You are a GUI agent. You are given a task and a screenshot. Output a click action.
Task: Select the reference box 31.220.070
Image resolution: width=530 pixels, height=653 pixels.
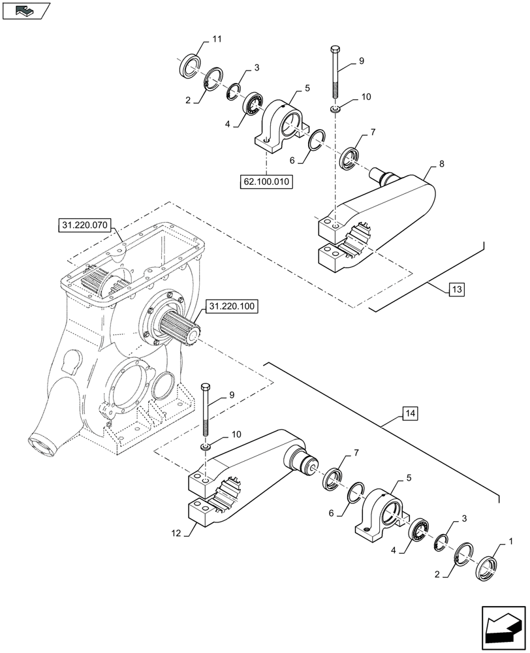tap(85, 227)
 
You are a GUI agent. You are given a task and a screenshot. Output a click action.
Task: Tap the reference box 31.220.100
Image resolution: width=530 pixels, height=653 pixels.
tap(233, 306)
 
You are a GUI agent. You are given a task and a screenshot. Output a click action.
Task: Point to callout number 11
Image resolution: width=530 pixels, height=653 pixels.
tap(217, 40)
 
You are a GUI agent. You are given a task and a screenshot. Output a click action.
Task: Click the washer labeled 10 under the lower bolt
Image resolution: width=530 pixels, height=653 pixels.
tap(206, 446)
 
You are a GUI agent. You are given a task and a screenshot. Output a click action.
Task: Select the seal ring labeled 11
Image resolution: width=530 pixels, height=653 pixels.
tap(190, 65)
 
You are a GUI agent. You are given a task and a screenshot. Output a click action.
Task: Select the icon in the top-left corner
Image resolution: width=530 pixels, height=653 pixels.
tap(26, 10)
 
